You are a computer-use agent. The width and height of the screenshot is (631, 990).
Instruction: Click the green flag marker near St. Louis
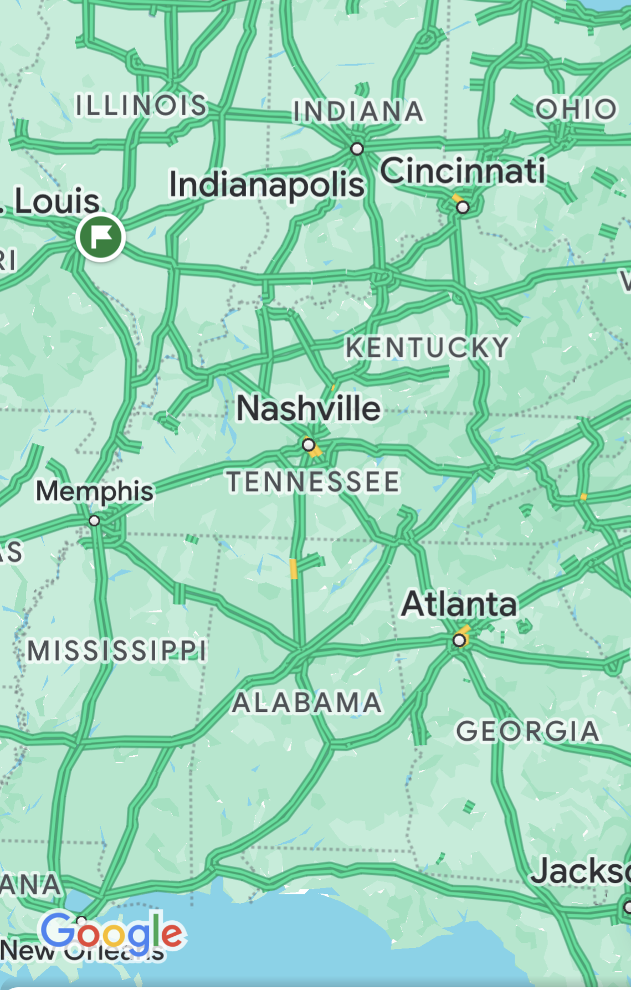coord(100,237)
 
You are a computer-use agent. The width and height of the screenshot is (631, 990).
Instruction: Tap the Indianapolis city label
coord(266,184)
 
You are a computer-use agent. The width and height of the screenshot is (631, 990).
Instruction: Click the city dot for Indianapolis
coord(357,148)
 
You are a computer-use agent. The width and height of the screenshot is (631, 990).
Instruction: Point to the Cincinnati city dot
coord(463,207)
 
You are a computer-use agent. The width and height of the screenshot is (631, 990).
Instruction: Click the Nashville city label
coord(309,408)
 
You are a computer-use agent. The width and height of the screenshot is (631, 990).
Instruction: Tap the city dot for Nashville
coord(309,444)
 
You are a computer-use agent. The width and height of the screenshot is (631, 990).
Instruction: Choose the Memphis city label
coord(94,491)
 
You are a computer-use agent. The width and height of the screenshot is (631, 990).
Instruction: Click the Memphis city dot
coord(94,521)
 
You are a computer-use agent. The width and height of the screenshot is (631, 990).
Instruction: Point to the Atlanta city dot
coord(459,641)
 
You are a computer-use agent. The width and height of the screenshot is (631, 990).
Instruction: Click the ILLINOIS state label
coord(141,105)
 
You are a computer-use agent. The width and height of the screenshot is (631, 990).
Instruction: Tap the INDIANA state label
coord(358,111)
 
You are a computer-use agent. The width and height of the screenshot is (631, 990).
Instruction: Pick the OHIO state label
coord(576,109)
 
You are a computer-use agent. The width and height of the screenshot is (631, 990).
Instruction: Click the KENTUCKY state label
coord(427,348)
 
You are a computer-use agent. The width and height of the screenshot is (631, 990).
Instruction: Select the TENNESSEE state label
coord(313,481)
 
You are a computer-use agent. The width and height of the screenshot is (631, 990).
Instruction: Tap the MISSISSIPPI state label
coord(117,650)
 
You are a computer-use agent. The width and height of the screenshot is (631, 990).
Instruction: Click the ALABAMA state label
coord(307,702)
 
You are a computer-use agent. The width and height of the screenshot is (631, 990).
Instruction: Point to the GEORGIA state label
coord(527,731)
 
